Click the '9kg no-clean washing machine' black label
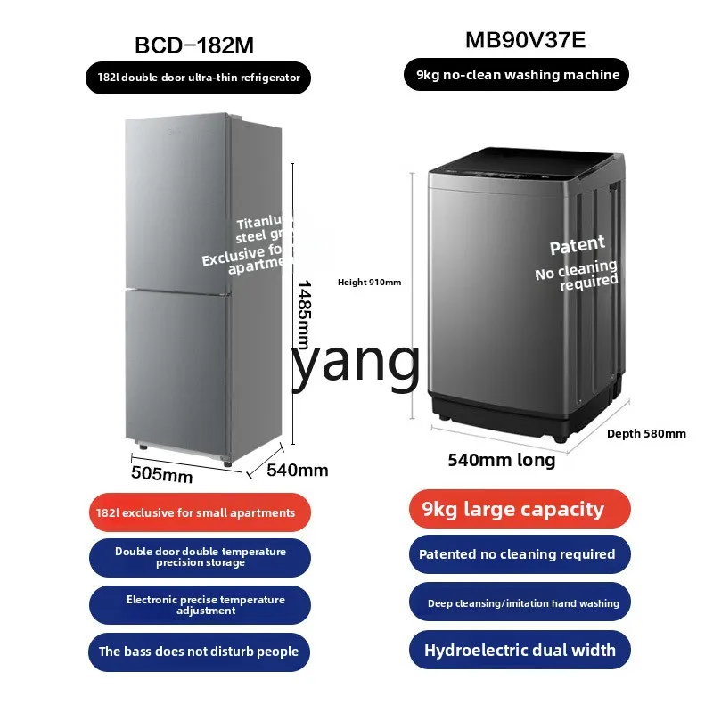518,75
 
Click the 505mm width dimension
161,475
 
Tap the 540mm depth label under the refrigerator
298,470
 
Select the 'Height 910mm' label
369,283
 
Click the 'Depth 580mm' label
646,434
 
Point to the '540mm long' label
501,460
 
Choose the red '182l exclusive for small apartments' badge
199,512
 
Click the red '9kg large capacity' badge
519,510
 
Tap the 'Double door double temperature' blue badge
199,557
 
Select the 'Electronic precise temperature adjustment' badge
199,605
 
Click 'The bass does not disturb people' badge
199,652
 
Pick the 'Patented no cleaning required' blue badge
519,554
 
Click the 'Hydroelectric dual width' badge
519,650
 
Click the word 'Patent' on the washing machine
577,245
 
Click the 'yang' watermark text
355,361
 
